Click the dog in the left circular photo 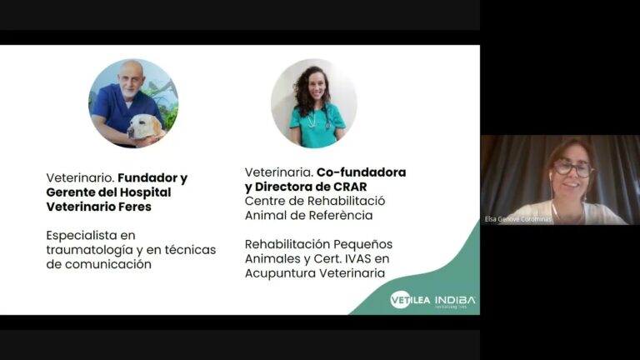tap(144, 127)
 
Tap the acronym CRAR tap(350, 186)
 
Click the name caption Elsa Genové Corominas tap(519, 219)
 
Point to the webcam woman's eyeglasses tap(572, 168)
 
